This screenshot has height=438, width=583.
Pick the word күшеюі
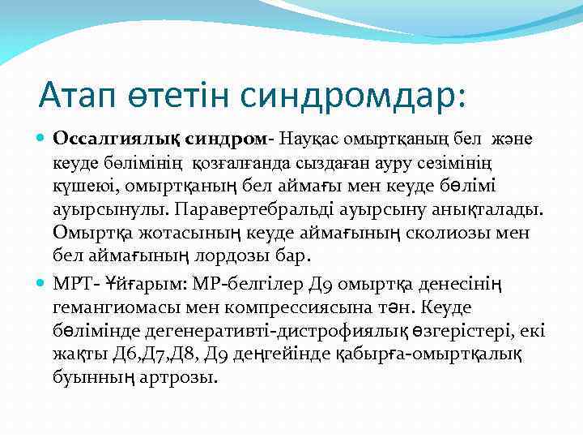tap(79, 186)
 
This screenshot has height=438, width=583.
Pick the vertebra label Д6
tap(108, 355)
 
